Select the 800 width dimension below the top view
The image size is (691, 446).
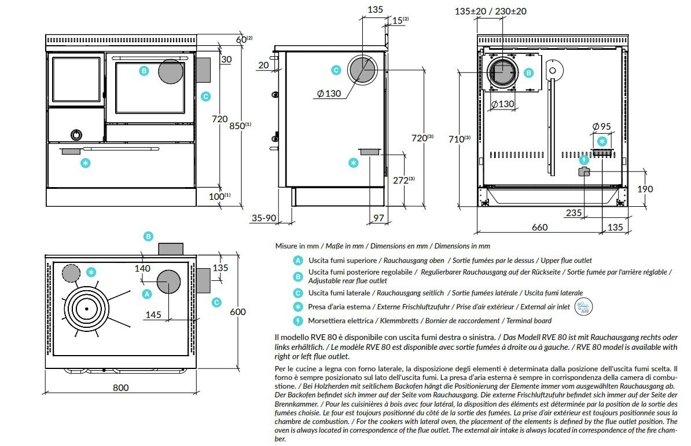tap(120, 387)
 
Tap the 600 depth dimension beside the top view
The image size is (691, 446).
tap(238, 312)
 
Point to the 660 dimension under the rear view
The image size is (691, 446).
tap(539, 227)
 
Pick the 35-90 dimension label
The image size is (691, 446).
tap(264, 218)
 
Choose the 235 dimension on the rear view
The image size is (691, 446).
tap(573, 213)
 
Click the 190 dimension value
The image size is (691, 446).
tap(644, 189)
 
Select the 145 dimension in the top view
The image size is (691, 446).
tap(153, 315)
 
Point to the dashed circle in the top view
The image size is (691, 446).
tap(71, 273)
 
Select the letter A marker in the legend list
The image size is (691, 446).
tap(297, 261)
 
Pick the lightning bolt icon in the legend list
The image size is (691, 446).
tap(297, 320)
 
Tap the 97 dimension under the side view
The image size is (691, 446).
tap(378, 218)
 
